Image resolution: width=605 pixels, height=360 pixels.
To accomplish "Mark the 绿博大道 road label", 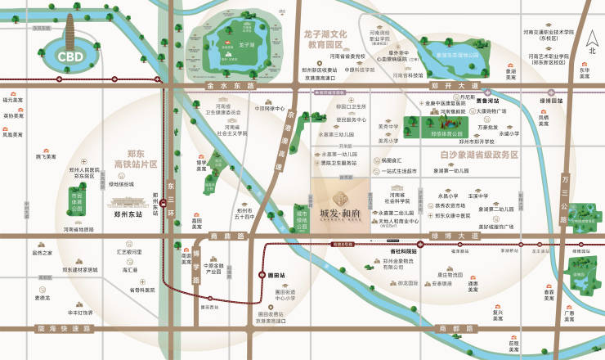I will (460, 236).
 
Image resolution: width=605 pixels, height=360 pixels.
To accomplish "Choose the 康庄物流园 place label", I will (450, 274).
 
